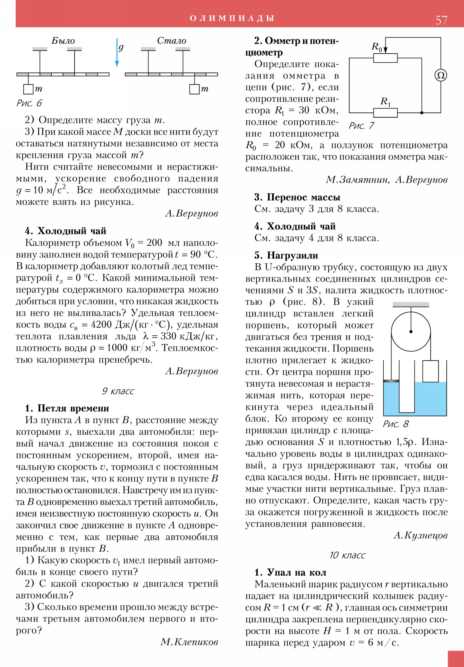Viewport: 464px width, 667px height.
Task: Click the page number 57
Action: click(441, 20)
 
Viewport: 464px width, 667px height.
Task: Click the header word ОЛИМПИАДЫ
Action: click(232, 18)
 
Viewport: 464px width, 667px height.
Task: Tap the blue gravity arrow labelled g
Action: click(117, 52)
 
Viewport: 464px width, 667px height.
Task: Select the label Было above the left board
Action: click(63, 41)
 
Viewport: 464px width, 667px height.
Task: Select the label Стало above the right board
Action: click(171, 41)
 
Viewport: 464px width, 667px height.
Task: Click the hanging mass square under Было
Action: click(28, 89)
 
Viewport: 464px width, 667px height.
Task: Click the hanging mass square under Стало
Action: click(194, 89)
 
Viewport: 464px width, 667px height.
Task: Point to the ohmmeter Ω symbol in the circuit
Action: click(441, 75)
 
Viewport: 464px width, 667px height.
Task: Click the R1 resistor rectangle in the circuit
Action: click(385, 113)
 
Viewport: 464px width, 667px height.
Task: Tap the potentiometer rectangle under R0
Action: click(385, 58)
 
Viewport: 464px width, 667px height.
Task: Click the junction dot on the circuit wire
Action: click(422, 113)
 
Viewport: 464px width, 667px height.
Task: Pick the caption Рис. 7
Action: click(361, 126)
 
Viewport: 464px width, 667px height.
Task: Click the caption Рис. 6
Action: click(29, 103)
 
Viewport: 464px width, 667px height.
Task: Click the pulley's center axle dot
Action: click(411, 331)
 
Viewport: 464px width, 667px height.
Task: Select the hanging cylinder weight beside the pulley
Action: click(430, 371)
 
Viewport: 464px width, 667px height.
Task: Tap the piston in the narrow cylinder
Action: click(391, 381)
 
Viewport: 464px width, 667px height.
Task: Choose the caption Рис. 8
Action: click(396, 424)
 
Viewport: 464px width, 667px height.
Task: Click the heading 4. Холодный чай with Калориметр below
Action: click(65, 231)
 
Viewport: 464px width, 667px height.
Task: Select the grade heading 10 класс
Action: click(347, 555)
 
